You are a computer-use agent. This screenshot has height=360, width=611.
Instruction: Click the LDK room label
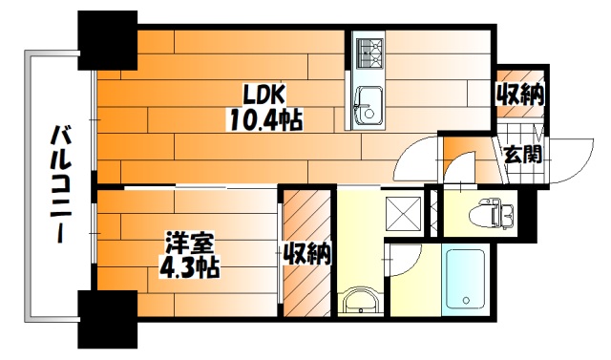264,95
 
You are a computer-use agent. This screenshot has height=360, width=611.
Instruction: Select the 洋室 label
190,244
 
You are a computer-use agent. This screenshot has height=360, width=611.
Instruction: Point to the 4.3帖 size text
189,267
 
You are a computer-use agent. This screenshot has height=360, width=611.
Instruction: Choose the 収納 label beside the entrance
519,94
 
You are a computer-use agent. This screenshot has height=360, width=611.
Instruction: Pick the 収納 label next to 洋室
306,254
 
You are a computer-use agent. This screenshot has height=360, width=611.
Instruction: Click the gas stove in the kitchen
369,54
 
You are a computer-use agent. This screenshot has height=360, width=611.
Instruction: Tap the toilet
492,212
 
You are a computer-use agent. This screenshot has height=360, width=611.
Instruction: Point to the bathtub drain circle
465,301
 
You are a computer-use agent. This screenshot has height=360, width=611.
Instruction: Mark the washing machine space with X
403,215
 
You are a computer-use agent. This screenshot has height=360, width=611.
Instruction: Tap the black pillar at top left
108,40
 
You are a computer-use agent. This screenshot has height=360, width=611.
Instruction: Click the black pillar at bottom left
108,319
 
